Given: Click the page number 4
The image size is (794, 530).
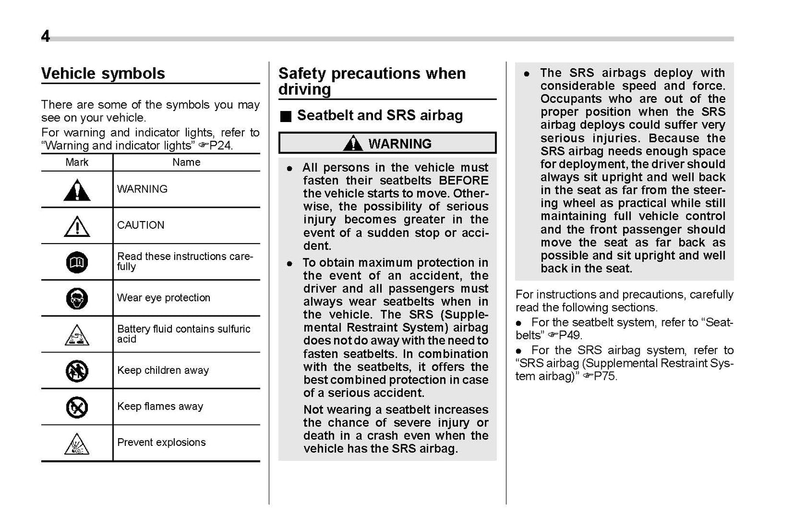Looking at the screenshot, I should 45,36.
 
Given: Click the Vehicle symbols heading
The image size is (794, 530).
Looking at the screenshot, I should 103,74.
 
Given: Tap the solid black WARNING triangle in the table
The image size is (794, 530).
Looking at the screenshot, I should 77,190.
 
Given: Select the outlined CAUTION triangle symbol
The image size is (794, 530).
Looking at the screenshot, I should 77,226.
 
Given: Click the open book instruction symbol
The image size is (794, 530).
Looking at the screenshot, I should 77,263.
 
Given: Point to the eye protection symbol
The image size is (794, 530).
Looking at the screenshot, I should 77,299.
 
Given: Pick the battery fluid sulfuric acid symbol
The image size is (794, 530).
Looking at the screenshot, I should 77,335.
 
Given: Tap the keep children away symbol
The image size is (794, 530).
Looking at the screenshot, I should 77,371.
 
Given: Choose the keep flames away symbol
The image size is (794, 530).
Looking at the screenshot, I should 77,407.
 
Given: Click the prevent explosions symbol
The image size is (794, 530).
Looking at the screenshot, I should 77,444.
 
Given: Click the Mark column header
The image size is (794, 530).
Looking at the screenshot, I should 77,162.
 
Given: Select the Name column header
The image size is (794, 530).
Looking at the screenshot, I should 186,162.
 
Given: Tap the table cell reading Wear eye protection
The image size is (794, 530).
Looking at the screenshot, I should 164,298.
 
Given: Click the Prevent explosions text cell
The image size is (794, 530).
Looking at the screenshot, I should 162,443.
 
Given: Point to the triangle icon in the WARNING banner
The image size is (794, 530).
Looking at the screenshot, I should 352,143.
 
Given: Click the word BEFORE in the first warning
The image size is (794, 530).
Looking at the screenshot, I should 463,181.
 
